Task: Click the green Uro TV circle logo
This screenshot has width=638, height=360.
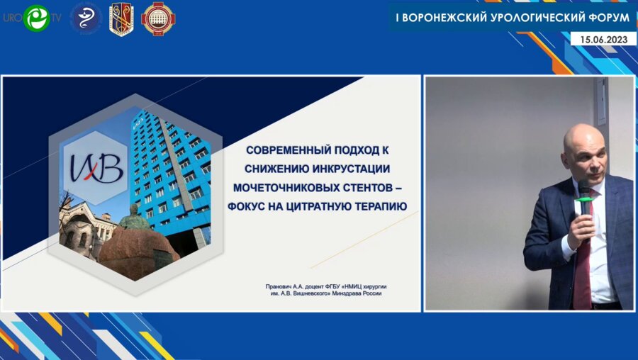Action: point(35,18)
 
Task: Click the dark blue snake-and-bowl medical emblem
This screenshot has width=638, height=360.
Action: point(86,18)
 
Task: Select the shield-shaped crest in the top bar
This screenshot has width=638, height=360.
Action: point(121,18)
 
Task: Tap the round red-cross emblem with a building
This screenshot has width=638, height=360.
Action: point(157,18)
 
